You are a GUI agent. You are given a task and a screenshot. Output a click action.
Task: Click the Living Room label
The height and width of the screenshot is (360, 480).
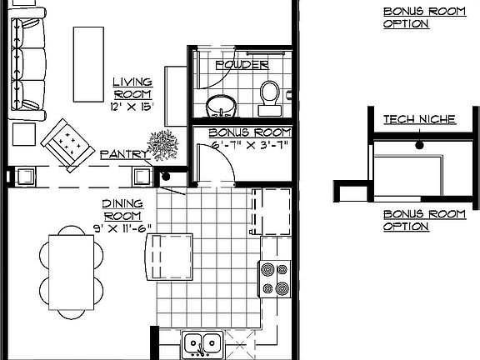[x=133, y=87]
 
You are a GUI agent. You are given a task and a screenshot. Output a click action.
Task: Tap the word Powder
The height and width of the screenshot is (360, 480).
[x=241, y=64]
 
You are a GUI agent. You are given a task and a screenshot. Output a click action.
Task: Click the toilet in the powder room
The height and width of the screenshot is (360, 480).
[x=268, y=97]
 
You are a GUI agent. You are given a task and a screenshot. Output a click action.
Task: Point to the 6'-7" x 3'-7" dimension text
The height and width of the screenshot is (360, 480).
[x=249, y=146]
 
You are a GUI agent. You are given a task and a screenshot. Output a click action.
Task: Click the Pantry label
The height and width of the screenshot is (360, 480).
[x=123, y=155]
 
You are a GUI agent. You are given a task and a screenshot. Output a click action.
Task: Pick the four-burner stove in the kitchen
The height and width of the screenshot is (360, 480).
[x=275, y=279]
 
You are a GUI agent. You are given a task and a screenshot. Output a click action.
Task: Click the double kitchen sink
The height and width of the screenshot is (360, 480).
[x=202, y=342]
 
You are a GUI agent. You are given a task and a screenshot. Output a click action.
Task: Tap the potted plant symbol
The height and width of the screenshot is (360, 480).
[x=163, y=144]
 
